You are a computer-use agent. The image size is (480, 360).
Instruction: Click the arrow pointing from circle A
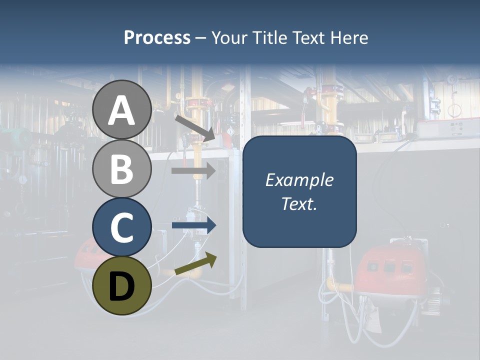point(195,128)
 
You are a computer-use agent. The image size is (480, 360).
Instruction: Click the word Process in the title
point(157,38)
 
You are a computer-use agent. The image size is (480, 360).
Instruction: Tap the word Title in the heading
point(270,38)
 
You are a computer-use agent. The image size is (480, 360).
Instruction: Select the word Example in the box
point(299,180)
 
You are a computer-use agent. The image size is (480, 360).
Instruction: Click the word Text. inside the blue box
point(299,204)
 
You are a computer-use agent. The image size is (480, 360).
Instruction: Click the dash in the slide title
point(201,38)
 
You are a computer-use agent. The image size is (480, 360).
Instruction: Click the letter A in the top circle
point(122,111)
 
